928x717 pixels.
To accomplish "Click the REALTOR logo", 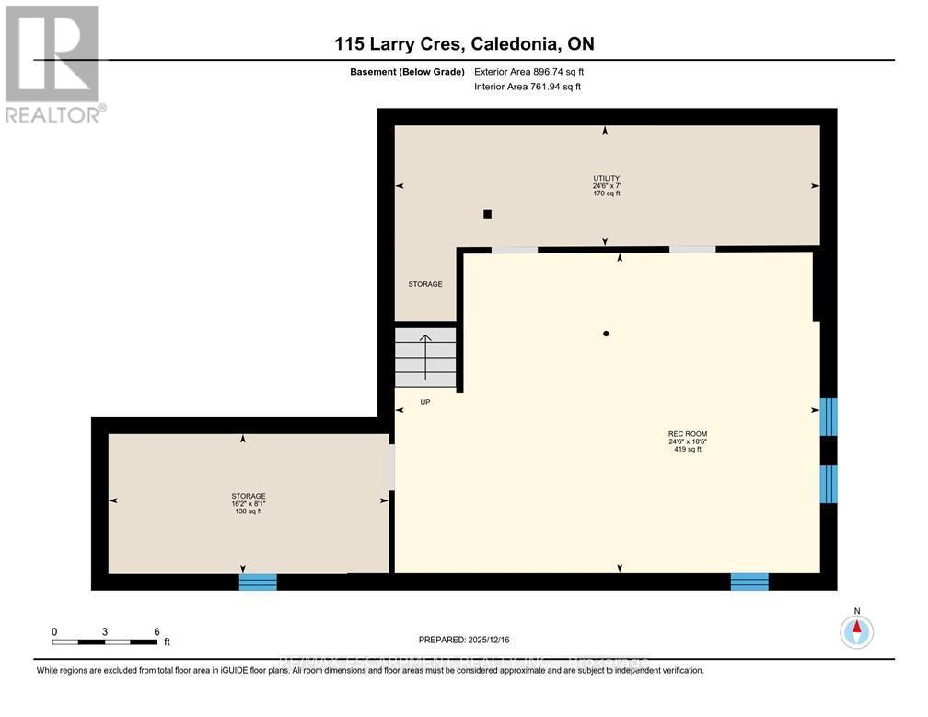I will click(52, 63).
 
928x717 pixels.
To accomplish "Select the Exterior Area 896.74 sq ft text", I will click(528, 71).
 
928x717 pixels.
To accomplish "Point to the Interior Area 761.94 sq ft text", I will click(528, 87).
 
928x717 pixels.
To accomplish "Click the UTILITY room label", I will click(606, 178).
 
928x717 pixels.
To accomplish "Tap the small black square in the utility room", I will click(488, 215).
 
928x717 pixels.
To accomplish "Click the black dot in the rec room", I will click(606, 334).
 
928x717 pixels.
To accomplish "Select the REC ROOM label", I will click(688, 433).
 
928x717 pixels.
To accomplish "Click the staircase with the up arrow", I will click(426, 358).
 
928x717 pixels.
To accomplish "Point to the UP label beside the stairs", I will click(424, 402).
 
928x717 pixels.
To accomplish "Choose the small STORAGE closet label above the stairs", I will click(425, 284).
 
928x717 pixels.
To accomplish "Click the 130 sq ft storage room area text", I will click(248, 511).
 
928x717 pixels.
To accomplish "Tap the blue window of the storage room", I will click(258, 582).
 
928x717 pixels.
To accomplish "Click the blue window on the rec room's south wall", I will click(749, 582).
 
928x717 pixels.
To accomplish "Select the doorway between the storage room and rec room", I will click(391, 467).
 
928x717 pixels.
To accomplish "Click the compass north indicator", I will click(856, 631).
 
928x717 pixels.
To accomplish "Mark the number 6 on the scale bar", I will click(157, 632).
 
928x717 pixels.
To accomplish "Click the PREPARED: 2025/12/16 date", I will click(463, 639).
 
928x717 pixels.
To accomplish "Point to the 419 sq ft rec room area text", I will click(688, 449).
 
